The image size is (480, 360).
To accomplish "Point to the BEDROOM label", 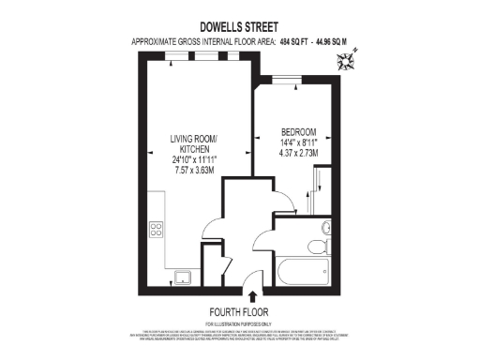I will point(299,131).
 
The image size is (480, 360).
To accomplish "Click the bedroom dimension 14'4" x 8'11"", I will point(299,142).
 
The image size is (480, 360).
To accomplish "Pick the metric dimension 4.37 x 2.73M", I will point(299,153).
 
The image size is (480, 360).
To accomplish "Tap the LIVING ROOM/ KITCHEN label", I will point(193,145).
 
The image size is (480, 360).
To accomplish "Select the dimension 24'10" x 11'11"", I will point(193,160).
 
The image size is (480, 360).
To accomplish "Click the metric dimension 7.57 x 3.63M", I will point(193,172).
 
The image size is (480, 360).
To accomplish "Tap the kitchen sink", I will point(181,275).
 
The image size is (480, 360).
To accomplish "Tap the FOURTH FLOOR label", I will point(240,312).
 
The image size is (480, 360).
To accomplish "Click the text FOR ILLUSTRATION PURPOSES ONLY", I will point(240,323).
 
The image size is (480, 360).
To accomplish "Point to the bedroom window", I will point(285,80).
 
